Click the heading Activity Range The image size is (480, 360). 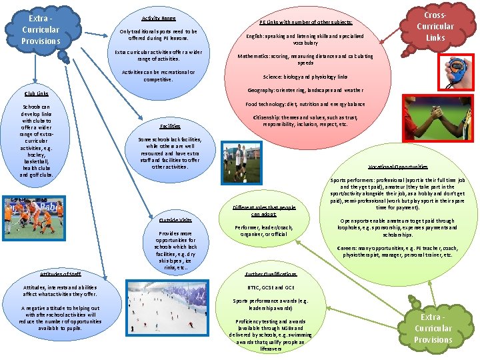159,19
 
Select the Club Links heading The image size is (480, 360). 36,93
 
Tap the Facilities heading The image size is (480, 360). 170,126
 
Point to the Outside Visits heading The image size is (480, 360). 176,220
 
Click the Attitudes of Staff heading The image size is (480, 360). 60,274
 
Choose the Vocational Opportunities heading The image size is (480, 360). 398,167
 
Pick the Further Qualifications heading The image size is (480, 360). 271,274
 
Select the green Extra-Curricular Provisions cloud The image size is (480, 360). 433,328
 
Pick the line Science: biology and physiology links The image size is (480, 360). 305,77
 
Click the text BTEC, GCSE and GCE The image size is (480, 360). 271,287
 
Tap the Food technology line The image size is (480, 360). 305,104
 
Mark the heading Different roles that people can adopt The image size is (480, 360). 265,211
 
